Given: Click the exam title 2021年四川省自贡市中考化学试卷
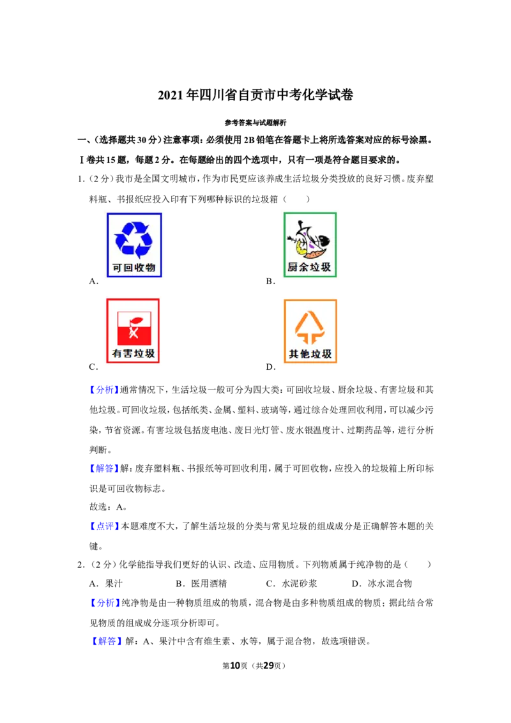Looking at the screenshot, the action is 256,95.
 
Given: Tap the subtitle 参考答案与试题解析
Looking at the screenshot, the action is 256,123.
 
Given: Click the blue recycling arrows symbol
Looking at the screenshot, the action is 133,240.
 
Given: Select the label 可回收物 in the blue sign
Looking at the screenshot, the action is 133,268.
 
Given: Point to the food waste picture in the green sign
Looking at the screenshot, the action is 309,240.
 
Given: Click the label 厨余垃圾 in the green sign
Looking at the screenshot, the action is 309,267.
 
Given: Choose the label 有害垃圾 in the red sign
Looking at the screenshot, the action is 133,354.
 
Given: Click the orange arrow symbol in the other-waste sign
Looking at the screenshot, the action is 309,328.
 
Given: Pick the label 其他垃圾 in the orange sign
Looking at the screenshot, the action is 310,354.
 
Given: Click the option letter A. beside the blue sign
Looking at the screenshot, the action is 94,281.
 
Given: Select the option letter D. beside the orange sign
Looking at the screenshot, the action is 271,367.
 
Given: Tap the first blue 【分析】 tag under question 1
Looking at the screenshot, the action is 104,390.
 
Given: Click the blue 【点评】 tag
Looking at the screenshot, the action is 104,526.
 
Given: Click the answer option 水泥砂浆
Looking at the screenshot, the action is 300,583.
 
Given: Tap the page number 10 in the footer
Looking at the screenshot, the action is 235,666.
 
